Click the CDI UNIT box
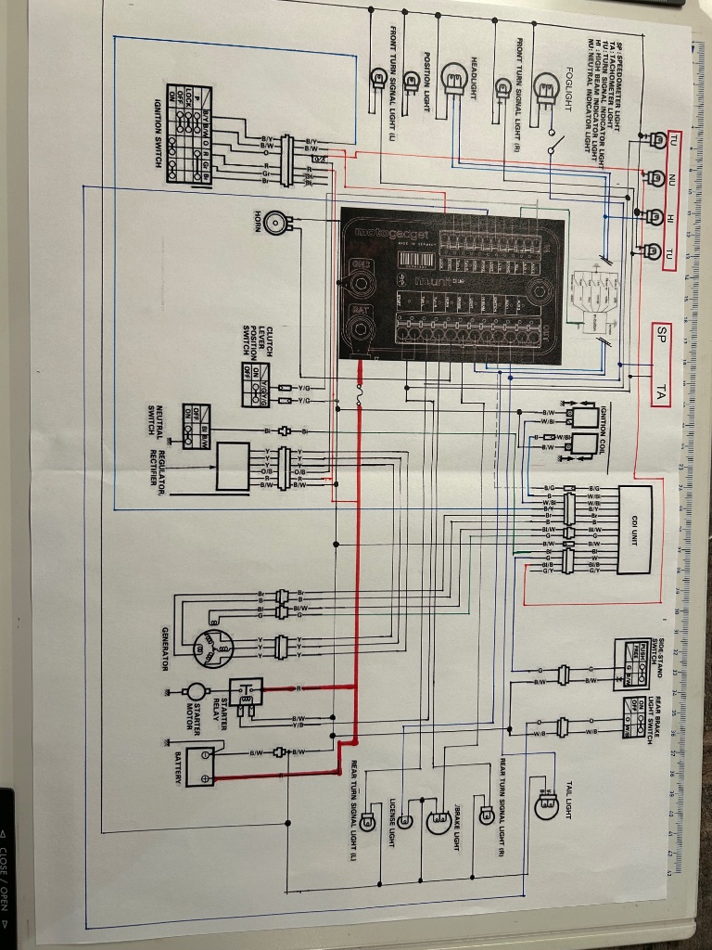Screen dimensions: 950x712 pyautogui.click(x=636, y=520)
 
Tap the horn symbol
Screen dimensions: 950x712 pyautogui.click(x=275, y=221)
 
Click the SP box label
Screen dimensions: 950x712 pyautogui.click(x=661, y=333)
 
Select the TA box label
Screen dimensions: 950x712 pyautogui.click(x=661, y=392)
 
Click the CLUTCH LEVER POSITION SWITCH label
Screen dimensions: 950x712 pyautogui.click(x=258, y=328)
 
